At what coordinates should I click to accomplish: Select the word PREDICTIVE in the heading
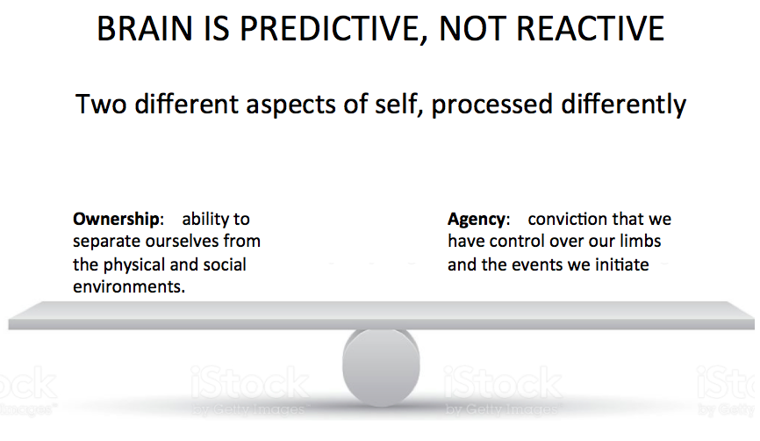click(322, 29)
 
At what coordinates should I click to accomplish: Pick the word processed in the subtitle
click(494, 105)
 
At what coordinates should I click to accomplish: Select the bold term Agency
click(476, 220)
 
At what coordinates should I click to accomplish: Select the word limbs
click(641, 242)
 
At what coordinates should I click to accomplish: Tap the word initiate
click(620, 264)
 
